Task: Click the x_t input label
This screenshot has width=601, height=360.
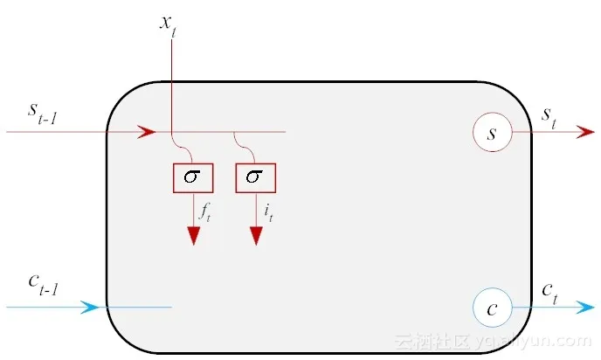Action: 168,23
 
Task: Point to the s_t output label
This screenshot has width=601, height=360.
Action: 549,115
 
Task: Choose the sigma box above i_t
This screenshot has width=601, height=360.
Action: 255,177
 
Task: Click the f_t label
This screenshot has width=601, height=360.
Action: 204,211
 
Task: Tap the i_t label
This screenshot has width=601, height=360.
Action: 266,211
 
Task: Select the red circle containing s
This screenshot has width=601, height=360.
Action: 492,133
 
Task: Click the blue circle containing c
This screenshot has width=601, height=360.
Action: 492,308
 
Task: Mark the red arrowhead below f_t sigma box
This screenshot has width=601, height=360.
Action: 192,235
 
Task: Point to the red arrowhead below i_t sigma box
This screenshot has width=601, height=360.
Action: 255,235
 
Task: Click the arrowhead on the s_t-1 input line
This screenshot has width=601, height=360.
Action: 147,133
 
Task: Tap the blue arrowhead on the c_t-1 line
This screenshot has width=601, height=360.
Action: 90,308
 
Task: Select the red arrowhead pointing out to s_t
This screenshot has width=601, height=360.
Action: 585,133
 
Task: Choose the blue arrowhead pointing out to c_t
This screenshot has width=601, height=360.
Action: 585,308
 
